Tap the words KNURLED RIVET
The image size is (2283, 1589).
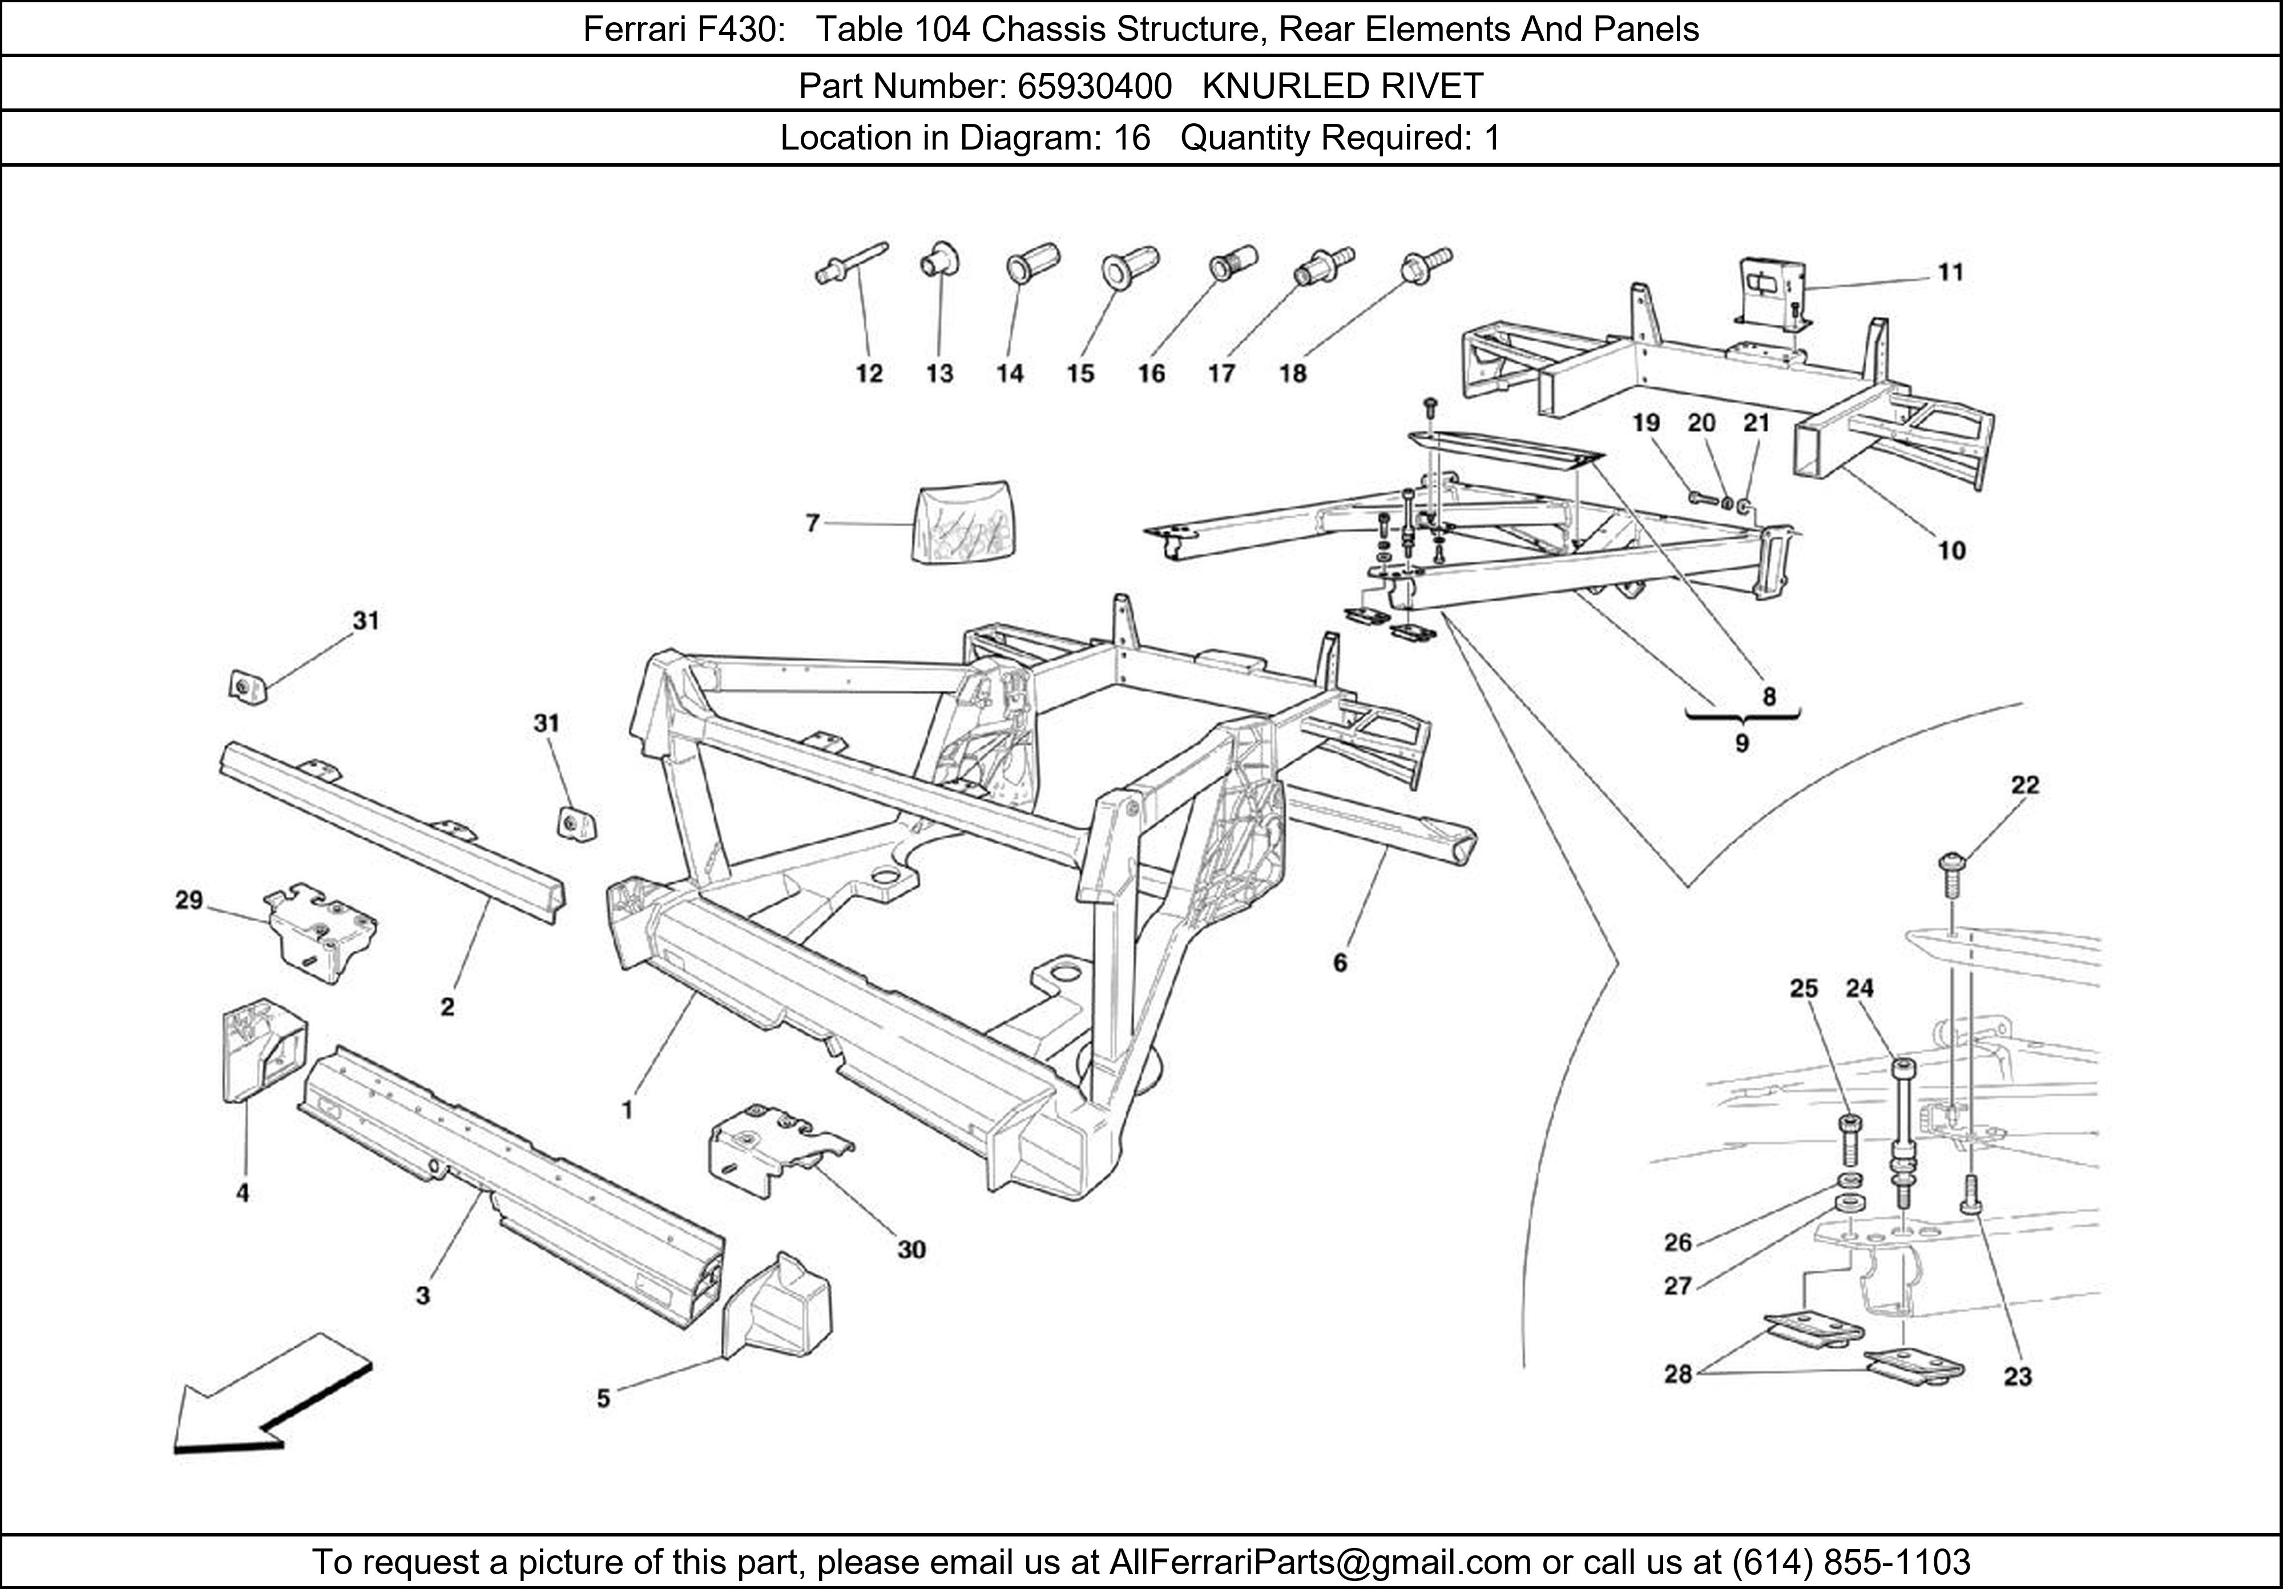(1342, 87)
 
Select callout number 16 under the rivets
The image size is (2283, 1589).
(1151, 374)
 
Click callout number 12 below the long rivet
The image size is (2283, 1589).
(869, 374)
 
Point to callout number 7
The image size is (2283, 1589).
(812, 522)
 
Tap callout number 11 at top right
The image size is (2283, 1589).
(1951, 272)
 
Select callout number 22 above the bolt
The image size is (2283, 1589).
(2024, 785)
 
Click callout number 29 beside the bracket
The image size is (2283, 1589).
(189, 900)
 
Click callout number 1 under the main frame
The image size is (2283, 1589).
(627, 1110)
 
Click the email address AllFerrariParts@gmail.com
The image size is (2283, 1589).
(1320, 1562)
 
